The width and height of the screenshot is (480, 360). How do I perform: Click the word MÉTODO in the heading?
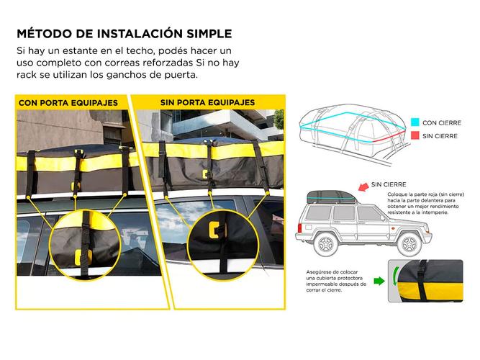[x=45, y=33]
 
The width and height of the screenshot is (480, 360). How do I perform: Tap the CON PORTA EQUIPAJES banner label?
[x=68, y=103]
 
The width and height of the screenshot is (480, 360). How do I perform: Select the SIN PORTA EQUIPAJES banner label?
[x=207, y=102]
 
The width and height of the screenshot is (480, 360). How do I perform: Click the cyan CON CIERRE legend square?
[x=415, y=122]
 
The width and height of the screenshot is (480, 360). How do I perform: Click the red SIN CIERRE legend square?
[x=415, y=135]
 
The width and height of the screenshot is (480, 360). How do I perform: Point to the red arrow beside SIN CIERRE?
[x=363, y=186]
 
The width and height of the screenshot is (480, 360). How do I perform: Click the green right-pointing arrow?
[x=379, y=281]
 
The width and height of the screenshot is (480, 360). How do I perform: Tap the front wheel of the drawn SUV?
[x=409, y=244]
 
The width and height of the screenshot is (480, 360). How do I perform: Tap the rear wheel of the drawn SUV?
[x=326, y=244]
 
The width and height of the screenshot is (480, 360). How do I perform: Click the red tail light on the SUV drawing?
[x=299, y=228]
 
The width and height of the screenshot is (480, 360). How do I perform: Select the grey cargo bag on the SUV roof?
[x=332, y=197]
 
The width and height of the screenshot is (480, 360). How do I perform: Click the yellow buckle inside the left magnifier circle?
[x=83, y=257]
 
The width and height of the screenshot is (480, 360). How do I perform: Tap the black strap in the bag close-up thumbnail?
[x=422, y=281]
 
